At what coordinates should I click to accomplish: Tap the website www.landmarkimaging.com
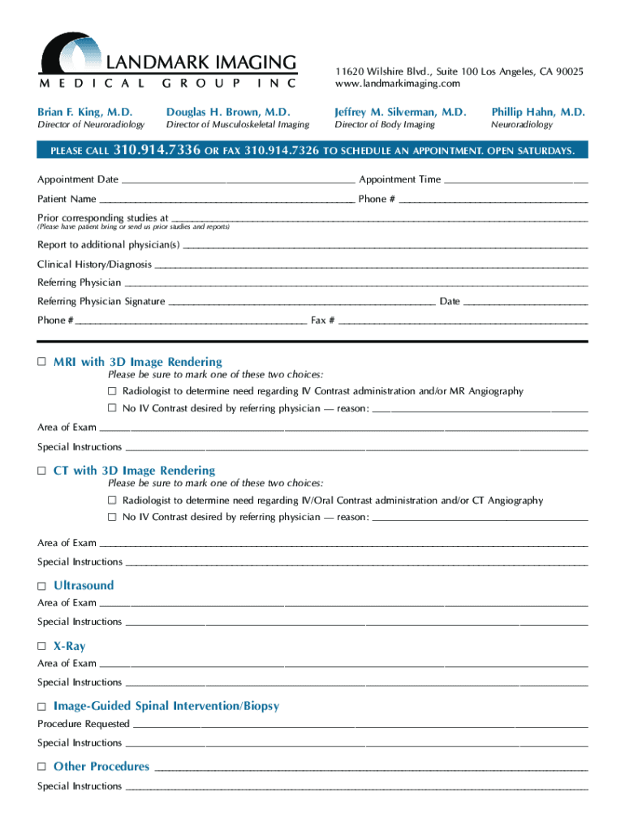[x=397, y=84]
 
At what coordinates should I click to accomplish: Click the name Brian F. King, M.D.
[x=84, y=112]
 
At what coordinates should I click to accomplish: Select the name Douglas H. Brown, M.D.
[x=228, y=112]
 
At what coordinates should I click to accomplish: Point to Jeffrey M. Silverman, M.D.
[x=400, y=112]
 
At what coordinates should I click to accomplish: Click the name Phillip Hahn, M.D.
[x=537, y=112]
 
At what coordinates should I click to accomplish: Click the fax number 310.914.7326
[x=282, y=152]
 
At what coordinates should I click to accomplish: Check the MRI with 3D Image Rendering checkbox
[x=42, y=362]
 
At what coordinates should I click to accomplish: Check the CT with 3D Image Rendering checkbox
[x=42, y=471]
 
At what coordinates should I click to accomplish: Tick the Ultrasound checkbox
[x=42, y=586]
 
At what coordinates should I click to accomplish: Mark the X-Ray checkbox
[x=42, y=647]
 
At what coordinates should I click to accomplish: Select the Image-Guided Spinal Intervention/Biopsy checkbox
[x=42, y=707]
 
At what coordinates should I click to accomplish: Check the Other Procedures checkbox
[x=42, y=767]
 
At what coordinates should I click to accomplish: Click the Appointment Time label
[x=400, y=179]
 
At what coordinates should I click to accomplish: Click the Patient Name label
[x=67, y=199]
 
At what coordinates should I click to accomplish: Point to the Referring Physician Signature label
[x=101, y=301]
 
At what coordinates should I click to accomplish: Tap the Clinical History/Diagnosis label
[x=94, y=265]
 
